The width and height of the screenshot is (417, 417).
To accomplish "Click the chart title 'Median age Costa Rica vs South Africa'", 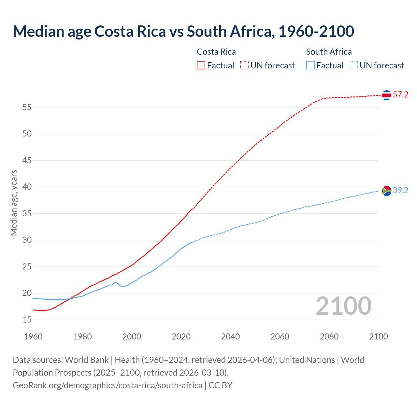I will tap(183, 32).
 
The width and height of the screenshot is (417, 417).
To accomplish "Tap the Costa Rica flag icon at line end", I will tap(386, 95).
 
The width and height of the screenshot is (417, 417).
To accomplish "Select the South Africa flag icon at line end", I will tap(386, 191).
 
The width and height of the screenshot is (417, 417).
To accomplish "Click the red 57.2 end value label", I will tap(400, 95).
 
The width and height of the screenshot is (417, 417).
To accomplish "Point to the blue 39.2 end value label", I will tap(400, 191).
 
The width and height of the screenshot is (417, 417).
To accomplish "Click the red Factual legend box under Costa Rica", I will tap(201, 65).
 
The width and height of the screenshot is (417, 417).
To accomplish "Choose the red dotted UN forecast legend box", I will tap(244, 65).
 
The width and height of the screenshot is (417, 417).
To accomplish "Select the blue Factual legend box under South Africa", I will tap(310, 65).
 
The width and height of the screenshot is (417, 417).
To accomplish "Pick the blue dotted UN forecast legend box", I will tap(354, 65).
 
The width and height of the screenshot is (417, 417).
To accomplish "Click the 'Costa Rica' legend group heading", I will tap(216, 52).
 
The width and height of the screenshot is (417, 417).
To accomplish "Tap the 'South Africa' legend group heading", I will tap(329, 52).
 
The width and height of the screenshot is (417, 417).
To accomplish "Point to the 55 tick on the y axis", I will tap(27, 107).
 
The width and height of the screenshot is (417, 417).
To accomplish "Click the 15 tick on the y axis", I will tap(27, 320).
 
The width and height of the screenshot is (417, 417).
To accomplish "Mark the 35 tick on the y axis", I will tap(27, 214).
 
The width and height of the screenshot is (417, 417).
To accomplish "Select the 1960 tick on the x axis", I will tap(33, 337).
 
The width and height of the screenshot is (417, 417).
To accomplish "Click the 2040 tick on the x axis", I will tap(230, 337).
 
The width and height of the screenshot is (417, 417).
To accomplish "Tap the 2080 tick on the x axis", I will tap(329, 337).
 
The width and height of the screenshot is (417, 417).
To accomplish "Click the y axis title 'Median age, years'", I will tap(14, 203).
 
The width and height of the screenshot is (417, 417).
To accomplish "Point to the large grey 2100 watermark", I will tap(343, 306).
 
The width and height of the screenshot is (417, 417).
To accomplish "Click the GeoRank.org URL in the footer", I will tap(108, 385).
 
